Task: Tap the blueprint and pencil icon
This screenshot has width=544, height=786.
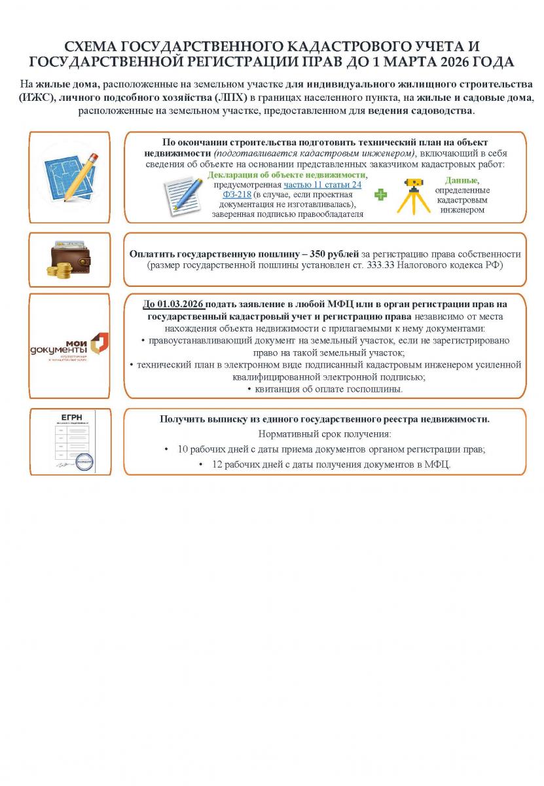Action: click(x=69, y=177)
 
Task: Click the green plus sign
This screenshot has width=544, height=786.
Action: click(x=380, y=195)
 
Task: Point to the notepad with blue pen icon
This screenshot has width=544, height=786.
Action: click(x=183, y=195)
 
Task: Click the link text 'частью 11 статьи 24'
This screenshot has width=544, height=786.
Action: click(x=322, y=185)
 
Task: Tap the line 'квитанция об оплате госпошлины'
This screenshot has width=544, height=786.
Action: click(x=325, y=389)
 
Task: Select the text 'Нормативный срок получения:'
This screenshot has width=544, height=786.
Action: click(x=325, y=434)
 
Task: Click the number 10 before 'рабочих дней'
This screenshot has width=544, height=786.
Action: click(x=183, y=449)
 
